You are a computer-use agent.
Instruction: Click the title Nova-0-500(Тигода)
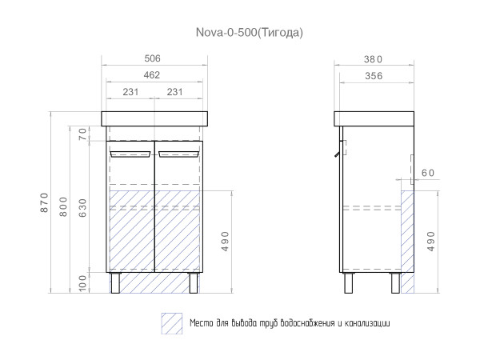pyautogui.click(x=250, y=32)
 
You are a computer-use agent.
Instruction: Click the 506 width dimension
pyautogui.click(x=153, y=58)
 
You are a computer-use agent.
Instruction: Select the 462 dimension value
pyautogui.click(x=152, y=75)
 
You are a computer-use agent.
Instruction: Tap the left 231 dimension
pyautogui.click(x=130, y=92)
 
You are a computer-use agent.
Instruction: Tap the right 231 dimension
pyautogui.click(x=174, y=92)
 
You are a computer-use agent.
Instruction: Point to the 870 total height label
pyautogui.click(x=44, y=202)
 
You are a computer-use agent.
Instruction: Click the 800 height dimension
pyautogui.click(x=63, y=207)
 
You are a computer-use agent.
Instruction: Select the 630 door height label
pyautogui.click(x=82, y=208)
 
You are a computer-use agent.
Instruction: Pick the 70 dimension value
pyautogui.click(x=82, y=134)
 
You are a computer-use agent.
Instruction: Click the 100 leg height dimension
pyautogui.click(x=82, y=283)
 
